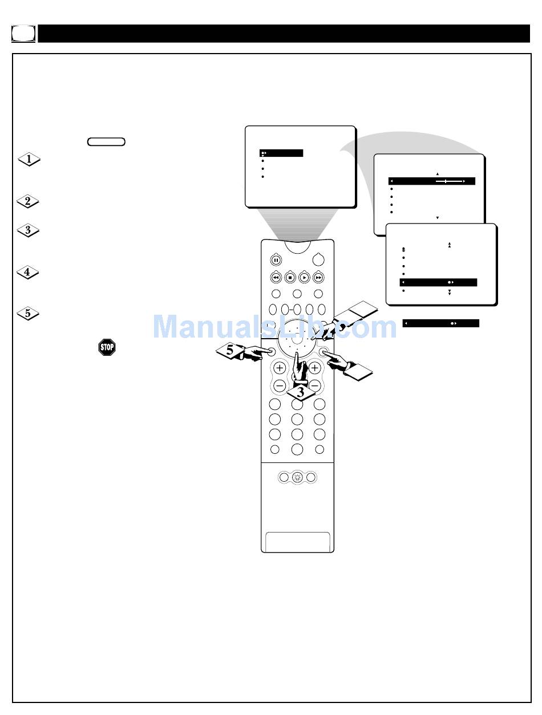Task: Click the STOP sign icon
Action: (107, 347)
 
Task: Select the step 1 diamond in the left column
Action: (29, 160)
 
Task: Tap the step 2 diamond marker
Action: (29, 201)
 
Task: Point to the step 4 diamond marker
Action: (29, 273)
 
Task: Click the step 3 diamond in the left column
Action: (29, 231)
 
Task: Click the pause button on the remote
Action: (276, 260)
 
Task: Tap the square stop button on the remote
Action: (290, 278)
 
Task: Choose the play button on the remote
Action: (305, 278)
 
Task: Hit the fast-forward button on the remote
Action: (318, 278)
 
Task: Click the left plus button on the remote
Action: (280, 368)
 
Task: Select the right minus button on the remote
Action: (314, 385)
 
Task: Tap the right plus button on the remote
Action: (314, 368)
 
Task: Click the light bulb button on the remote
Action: (297, 478)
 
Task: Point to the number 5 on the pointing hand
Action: (229, 351)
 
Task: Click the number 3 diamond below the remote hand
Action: (301, 392)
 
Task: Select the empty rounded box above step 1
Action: (107, 141)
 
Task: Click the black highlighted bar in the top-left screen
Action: (281, 153)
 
